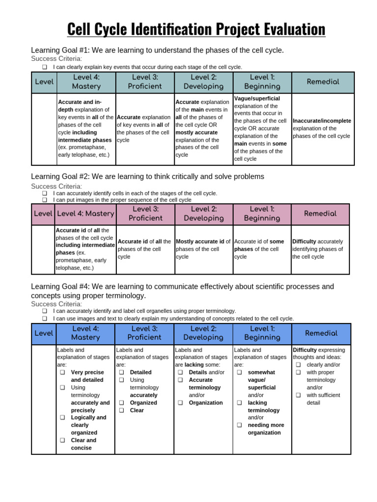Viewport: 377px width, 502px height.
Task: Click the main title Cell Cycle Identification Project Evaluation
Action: (x=196, y=29)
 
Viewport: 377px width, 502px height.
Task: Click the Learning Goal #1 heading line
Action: (x=157, y=50)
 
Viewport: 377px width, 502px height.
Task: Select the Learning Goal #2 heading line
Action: (x=147, y=176)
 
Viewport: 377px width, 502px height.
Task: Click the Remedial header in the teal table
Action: (x=323, y=82)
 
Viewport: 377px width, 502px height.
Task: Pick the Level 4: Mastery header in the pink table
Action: (x=85, y=214)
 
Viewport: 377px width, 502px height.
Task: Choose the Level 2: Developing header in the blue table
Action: (x=203, y=333)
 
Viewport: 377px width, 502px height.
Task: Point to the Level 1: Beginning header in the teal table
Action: (x=262, y=82)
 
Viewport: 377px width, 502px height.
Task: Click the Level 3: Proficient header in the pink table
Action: (x=144, y=214)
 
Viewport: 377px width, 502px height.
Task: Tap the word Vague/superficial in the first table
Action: (x=257, y=99)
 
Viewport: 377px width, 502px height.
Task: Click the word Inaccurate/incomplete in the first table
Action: (x=322, y=121)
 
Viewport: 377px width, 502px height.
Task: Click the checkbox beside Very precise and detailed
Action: (x=63, y=373)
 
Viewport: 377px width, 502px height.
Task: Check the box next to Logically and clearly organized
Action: (x=63, y=418)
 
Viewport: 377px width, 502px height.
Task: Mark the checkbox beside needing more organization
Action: (x=240, y=426)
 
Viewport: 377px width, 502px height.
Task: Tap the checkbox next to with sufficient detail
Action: (x=298, y=395)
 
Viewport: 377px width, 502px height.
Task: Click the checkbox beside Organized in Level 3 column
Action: (x=121, y=403)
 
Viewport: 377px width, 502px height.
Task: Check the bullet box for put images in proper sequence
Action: (x=45, y=200)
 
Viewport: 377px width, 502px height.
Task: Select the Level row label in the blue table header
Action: (x=44, y=333)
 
